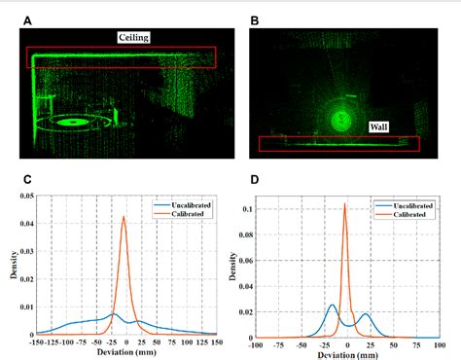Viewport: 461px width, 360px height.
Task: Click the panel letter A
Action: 25,18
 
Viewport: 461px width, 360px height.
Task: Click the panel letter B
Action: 255,18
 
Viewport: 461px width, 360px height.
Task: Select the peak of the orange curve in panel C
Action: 124,216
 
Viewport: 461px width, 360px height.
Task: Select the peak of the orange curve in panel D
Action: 345,203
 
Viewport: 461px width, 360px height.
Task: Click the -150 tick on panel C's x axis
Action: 37,342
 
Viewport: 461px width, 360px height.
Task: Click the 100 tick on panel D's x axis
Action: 438,343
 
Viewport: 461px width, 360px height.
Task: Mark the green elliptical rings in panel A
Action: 74,123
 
